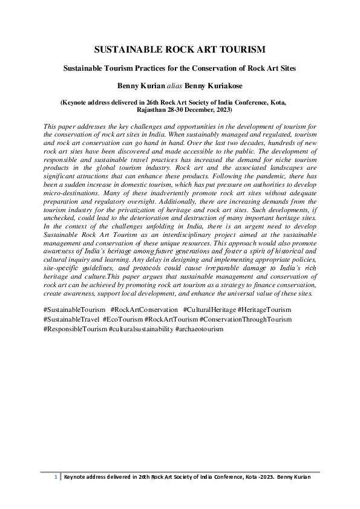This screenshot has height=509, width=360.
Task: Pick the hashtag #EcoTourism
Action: (x=123, y=319)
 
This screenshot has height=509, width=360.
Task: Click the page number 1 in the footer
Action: (x=56, y=477)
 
